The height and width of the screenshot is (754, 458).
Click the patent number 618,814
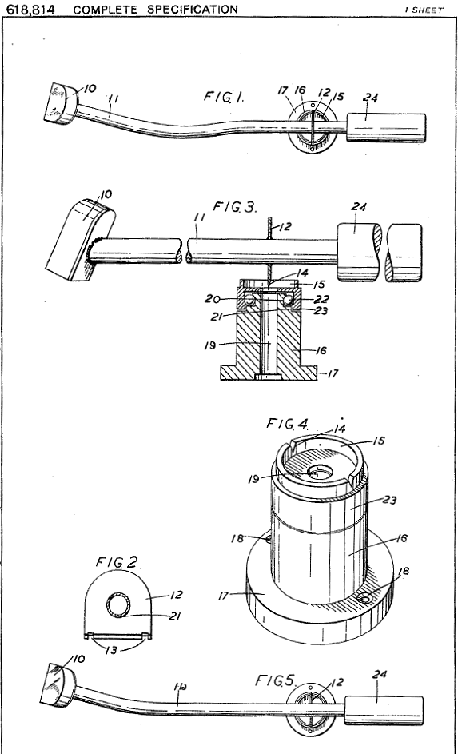[30, 9]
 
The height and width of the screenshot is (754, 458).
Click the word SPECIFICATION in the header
[193, 9]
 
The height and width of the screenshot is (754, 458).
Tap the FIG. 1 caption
[224, 96]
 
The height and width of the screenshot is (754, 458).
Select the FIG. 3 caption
[235, 207]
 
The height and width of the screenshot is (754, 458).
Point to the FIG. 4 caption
[288, 424]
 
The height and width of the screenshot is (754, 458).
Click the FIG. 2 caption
[117, 561]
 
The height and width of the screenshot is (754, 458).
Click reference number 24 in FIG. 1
[370, 98]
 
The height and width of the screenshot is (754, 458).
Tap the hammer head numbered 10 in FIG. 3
[80, 239]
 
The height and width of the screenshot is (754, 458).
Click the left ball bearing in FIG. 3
[249, 301]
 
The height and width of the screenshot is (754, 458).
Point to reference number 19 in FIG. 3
[210, 345]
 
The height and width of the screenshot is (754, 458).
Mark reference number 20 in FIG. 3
[212, 299]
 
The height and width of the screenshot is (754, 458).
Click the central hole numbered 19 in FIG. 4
[320, 472]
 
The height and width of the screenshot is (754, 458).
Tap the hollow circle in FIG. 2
[117, 605]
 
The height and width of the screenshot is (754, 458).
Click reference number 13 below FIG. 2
[111, 650]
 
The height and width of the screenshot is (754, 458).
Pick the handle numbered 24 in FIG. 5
[384, 710]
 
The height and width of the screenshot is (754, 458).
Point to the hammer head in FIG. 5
[58, 685]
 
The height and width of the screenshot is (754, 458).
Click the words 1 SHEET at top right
[424, 10]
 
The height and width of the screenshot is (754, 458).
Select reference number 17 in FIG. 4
[224, 596]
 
